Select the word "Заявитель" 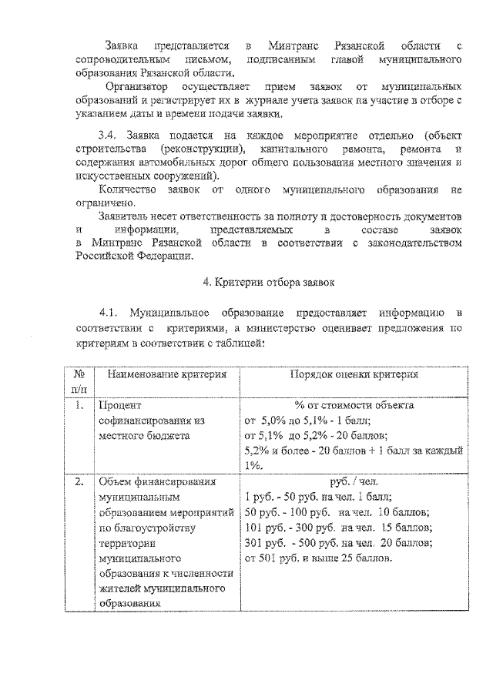pyautogui.click(x=130, y=216)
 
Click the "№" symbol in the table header pyautogui.click(x=79, y=374)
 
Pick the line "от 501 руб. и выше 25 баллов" pyautogui.click(x=317, y=558)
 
